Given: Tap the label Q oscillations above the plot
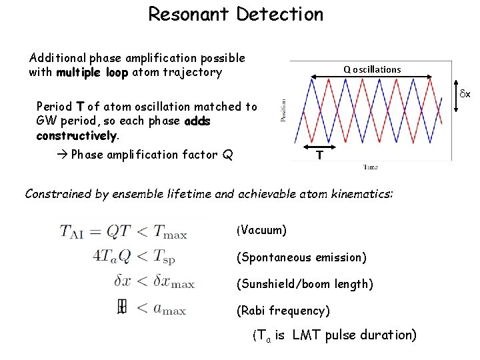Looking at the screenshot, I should [x=372, y=69].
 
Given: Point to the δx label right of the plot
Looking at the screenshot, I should [x=463, y=95].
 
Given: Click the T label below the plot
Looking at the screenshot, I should [x=320, y=155].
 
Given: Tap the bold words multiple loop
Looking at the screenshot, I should [x=92, y=72].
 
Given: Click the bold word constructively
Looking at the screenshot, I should [x=77, y=135].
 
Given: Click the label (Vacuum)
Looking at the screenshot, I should [x=261, y=231].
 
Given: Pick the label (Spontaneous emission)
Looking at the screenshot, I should [x=301, y=257].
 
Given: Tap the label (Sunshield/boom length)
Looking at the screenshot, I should [x=305, y=284].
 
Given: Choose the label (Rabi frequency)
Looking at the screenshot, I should [x=283, y=311].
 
